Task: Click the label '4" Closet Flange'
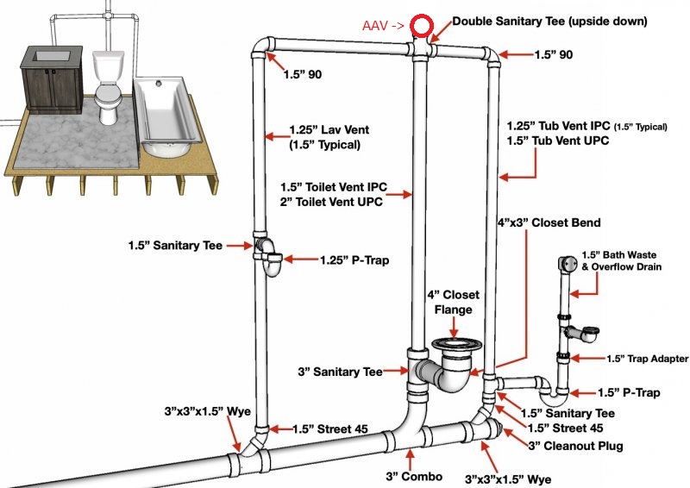tap(454, 302)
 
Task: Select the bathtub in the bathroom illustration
tap(167, 117)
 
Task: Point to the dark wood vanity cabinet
tap(53, 79)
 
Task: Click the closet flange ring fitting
tap(457, 344)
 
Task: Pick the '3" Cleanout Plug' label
tap(575, 446)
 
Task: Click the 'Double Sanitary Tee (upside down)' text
tap(549, 21)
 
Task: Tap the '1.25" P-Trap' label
tap(354, 260)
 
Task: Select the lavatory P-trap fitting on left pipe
tap(270, 257)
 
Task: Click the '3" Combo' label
tap(414, 476)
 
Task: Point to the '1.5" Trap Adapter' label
tap(648, 359)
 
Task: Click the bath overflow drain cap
tap(568, 264)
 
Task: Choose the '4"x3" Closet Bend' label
tap(549, 222)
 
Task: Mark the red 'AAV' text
tap(375, 26)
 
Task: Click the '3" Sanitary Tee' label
tap(340, 372)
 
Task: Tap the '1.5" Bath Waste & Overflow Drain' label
tap(621, 261)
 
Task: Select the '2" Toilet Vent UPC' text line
tap(331, 202)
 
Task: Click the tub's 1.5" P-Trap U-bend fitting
tap(554, 393)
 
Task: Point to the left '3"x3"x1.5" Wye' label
tap(208, 411)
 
